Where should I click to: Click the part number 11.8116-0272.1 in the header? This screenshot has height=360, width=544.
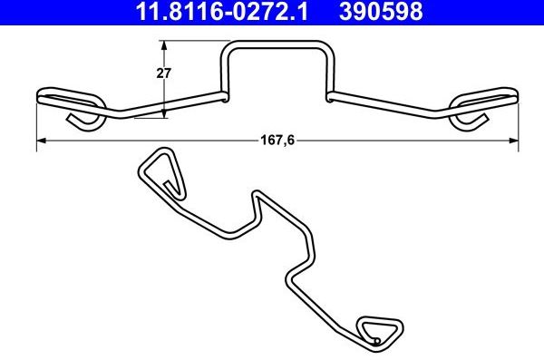pos(207,12)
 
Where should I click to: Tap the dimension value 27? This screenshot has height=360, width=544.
pos(164,74)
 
